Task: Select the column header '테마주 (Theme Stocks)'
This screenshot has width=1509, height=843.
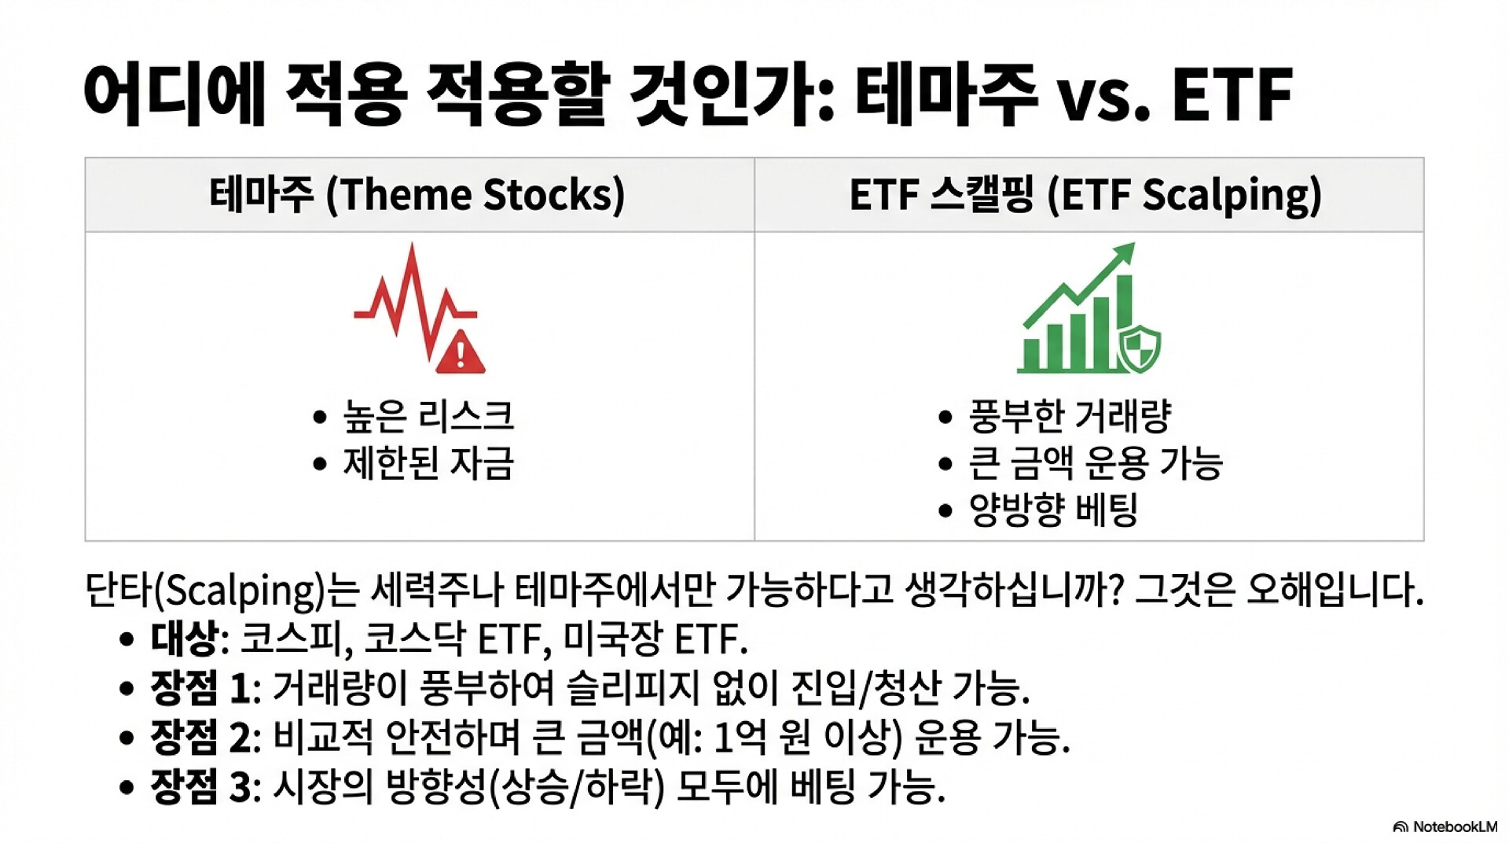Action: coord(417,195)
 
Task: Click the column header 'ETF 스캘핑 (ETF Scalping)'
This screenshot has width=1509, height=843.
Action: coord(1085,195)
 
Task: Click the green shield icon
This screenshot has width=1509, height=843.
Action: coord(1139,348)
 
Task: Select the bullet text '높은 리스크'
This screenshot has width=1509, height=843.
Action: coord(428,416)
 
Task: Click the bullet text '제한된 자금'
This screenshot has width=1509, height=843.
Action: coord(428,462)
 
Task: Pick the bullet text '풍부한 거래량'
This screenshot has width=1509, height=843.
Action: coord(1070,416)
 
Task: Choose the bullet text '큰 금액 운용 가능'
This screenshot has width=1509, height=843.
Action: coord(1096,462)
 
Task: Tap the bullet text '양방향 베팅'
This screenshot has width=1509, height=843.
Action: coord(1053,510)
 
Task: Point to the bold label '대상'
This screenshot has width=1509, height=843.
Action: coord(184,639)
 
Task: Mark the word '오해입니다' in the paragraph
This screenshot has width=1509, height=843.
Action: coord(1335,589)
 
